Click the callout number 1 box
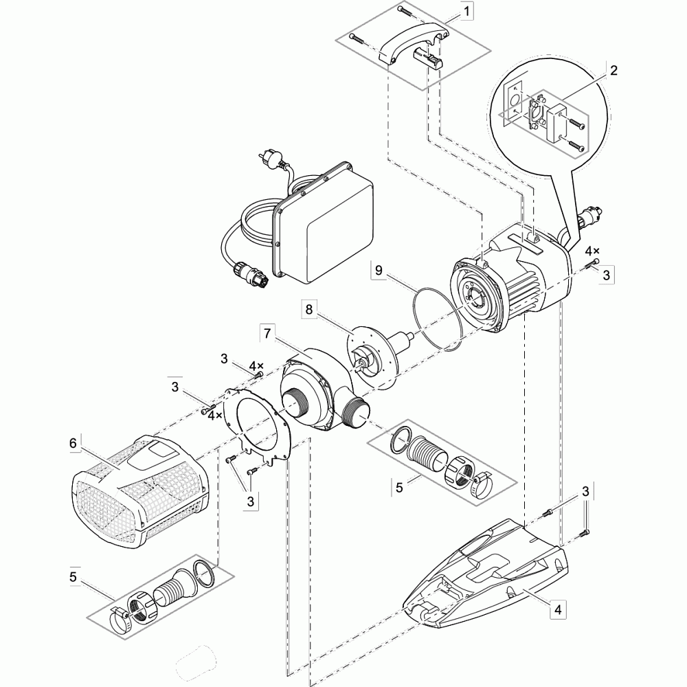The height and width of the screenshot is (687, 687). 467,12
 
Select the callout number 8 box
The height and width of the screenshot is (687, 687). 309,310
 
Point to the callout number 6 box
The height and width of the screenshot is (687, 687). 73,443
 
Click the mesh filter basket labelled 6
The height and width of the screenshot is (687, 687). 137,495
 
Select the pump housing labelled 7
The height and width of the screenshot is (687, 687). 316,392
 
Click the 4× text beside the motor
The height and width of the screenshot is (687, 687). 592,252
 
